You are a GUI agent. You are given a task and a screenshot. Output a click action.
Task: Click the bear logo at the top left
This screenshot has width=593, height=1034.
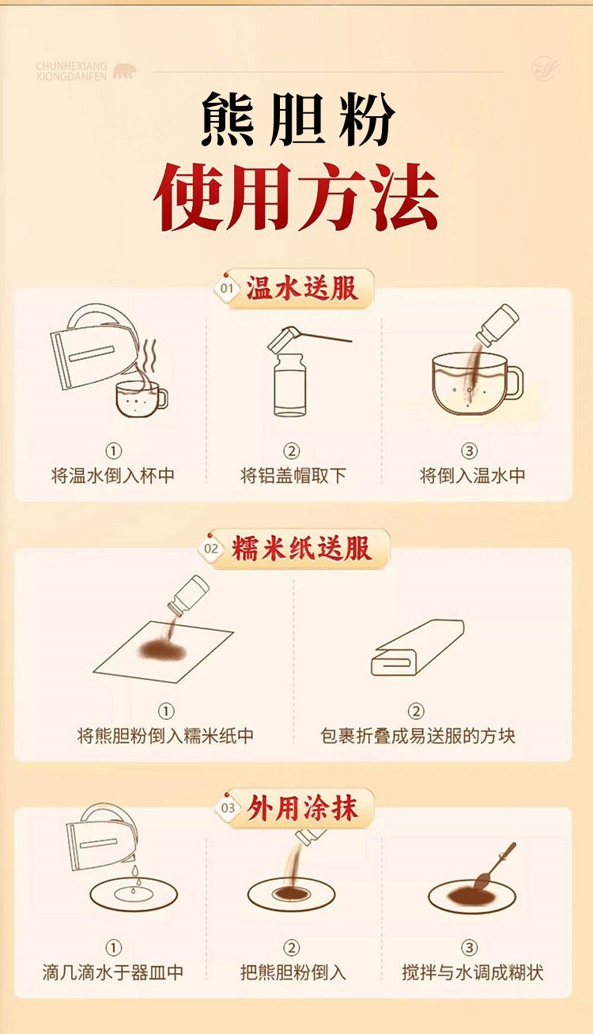tap(124, 71)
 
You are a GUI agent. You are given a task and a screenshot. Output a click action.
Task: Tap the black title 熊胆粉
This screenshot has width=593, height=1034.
tap(297, 119)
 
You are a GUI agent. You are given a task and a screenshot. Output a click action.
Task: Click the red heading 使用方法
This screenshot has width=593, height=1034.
tap(296, 197)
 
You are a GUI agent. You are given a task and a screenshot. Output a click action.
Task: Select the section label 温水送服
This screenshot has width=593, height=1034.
tap(302, 288)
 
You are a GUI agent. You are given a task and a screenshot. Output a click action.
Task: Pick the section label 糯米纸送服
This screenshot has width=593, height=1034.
tap(301, 549)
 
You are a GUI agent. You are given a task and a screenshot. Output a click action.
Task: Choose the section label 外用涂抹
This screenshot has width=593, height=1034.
tap(302, 808)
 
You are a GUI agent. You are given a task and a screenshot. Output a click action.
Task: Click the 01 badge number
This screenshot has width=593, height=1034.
tap(227, 289)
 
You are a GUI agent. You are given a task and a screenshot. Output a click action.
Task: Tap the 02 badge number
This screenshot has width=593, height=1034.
tap(211, 549)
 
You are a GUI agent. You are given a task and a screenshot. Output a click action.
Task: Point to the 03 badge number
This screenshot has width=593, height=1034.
tap(229, 808)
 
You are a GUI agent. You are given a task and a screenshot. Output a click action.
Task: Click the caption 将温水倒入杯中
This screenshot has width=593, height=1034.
tap(113, 475)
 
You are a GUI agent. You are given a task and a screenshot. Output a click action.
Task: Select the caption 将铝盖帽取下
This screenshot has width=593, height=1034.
tap(293, 475)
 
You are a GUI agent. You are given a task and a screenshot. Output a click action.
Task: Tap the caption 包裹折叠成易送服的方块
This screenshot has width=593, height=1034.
tap(417, 735)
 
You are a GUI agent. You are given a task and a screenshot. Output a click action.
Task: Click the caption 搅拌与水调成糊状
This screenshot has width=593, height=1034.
tap(473, 972)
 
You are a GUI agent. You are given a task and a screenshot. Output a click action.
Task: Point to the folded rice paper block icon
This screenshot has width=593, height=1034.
tap(417, 647)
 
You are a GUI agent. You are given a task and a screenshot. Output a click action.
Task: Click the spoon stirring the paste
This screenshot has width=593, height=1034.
tap(493, 868)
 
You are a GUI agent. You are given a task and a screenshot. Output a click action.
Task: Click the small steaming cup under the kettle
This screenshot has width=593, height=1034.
tap(142, 399)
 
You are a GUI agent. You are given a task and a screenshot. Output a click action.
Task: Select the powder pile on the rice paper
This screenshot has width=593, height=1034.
tap(163, 650)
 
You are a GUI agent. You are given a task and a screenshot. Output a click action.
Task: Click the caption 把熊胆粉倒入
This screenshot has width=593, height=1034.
tap(293, 972)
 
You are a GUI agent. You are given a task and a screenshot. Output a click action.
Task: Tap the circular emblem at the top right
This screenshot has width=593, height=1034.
tap(545, 68)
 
